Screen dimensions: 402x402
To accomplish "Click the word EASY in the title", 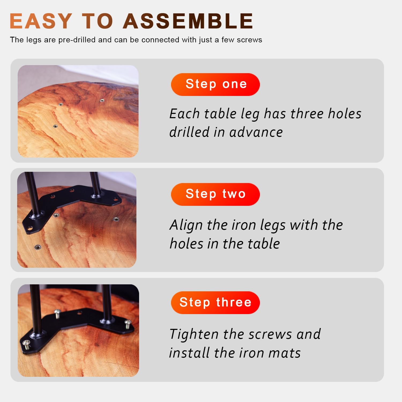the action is coord(41,21).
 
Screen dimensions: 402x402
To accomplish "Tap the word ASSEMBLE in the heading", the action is coord(188,21).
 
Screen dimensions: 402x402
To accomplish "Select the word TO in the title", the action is coord(97,21).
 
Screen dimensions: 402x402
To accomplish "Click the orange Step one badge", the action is coord(215,84).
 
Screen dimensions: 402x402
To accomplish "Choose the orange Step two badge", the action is coord(215,194).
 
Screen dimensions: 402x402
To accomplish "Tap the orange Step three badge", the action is coord(215,303).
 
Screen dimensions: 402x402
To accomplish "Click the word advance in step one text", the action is coord(256,132).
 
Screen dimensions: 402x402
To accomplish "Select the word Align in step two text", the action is coord(186,225).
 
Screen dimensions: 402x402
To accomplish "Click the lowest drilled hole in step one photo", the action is coord(55,126).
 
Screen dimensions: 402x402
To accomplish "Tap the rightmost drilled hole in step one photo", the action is coord(102,100).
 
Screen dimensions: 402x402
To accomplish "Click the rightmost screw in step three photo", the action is coord(128,324).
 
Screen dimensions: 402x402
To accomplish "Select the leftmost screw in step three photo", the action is coord(27,344).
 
